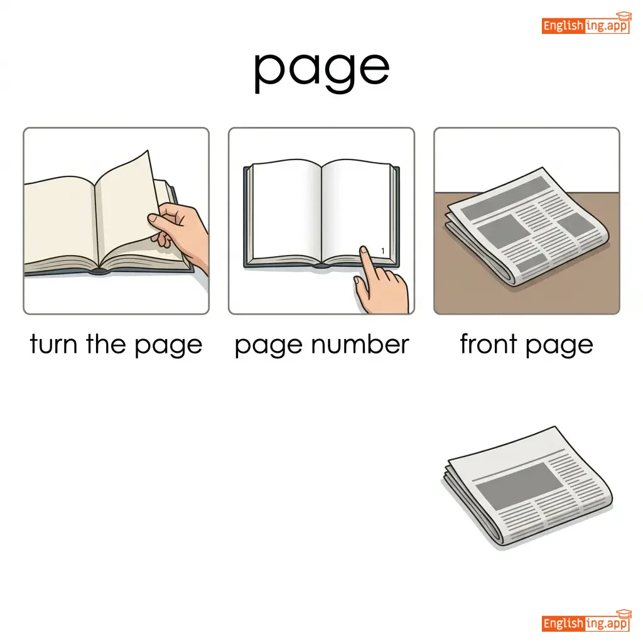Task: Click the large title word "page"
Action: point(321,70)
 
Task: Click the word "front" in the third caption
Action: point(488,343)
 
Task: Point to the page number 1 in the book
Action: point(382,251)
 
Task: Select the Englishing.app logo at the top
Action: point(586,24)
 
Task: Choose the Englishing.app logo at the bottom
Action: point(586,621)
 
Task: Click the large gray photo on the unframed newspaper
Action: point(519,480)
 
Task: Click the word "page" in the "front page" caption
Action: point(559,345)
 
